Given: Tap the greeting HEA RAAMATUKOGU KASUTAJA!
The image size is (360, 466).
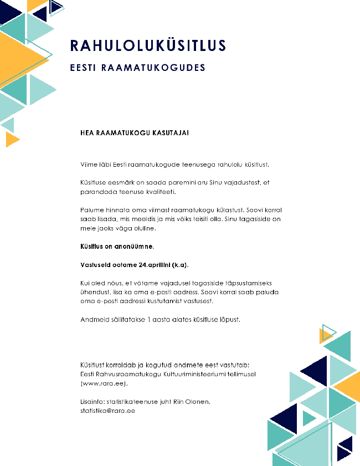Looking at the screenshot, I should pos(135,133).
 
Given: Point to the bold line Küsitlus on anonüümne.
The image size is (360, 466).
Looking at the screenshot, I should pos(117,245).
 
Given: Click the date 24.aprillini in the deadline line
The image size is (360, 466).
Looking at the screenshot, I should pos(156,264).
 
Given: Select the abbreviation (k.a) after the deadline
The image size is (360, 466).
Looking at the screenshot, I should pos(186,264).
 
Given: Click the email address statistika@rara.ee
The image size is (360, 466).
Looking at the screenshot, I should pos(108,411).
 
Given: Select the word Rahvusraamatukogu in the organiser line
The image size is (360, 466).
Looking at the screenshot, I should pos(125,374).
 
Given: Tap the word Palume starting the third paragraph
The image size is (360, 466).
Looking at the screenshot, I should pos(92,210).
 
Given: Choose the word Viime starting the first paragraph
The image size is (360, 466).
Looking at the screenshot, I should pos(89,164).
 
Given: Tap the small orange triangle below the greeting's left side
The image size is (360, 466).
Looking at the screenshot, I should pos(11,140).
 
